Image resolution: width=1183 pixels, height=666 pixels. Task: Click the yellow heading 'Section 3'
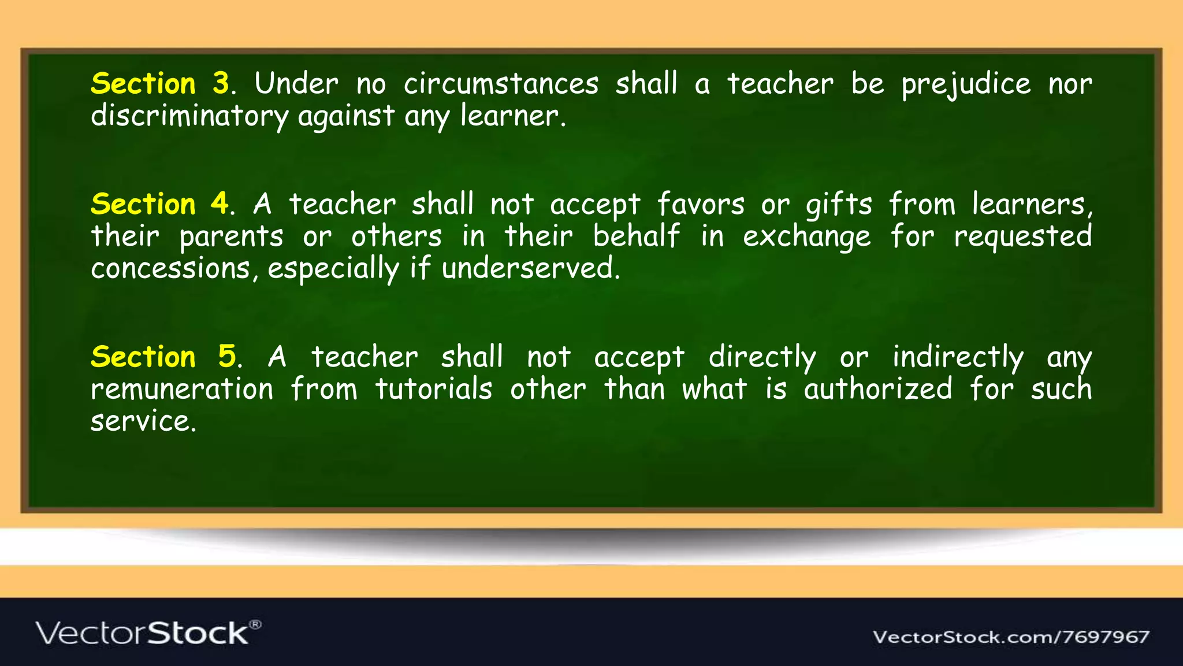[x=161, y=84]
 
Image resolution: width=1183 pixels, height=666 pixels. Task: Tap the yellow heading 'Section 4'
[x=161, y=204]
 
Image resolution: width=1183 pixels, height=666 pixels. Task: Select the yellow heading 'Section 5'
[x=164, y=357]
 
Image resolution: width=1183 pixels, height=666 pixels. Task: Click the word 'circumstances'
[x=501, y=84]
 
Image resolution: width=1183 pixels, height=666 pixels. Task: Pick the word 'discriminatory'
[x=189, y=116]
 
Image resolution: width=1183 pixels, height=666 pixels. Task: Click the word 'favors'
[x=701, y=204]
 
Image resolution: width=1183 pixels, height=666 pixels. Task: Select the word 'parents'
[x=231, y=237]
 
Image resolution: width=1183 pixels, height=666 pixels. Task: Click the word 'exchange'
[x=806, y=237]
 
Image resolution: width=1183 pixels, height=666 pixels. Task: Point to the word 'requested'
[x=1022, y=237]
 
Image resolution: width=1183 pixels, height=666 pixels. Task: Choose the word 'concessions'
[x=171, y=269]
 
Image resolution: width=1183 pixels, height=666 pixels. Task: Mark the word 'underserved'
[x=530, y=269]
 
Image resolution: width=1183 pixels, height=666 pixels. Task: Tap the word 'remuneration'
[x=182, y=389]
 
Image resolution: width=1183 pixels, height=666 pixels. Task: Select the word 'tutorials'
[x=434, y=389]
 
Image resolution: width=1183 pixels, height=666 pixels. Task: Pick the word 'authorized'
[x=878, y=389]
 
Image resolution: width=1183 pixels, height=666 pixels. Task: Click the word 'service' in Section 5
[x=143, y=421]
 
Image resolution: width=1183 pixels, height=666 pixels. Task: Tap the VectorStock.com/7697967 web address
[x=1011, y=637]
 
